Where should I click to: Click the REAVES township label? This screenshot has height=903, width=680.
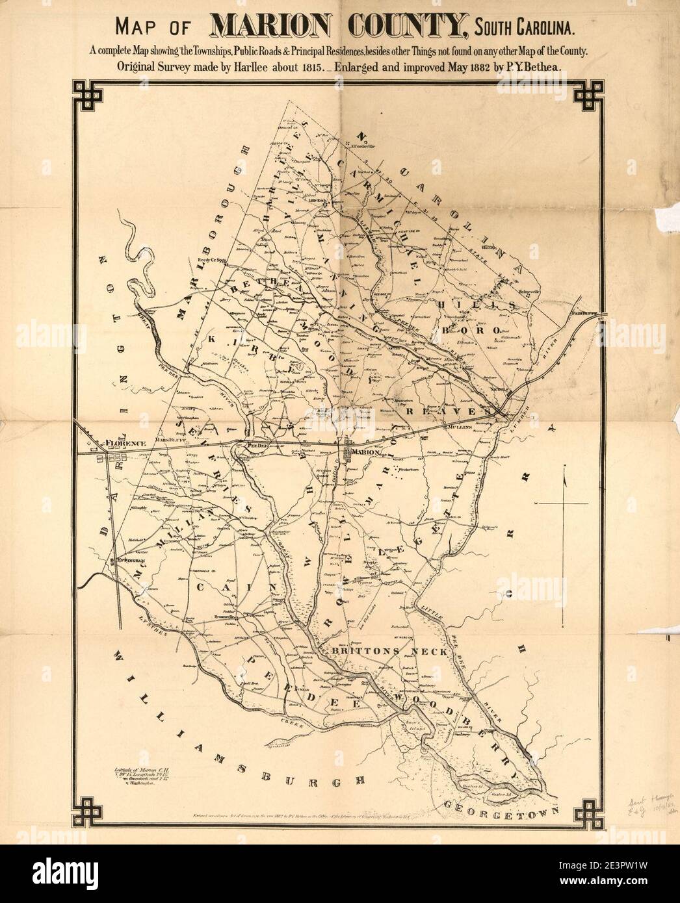(447, 412)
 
